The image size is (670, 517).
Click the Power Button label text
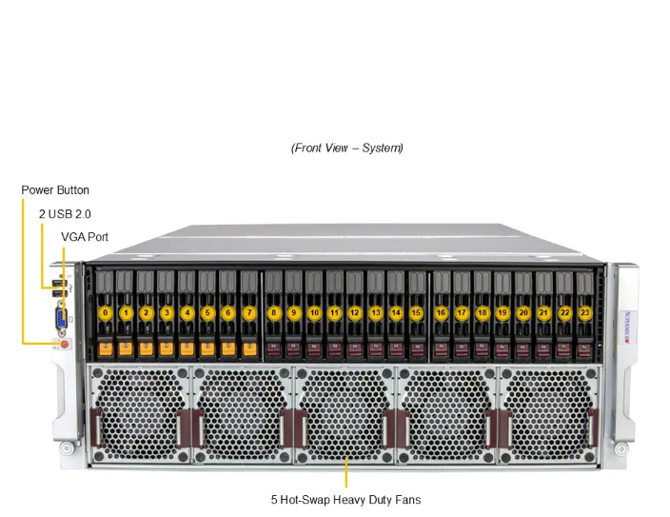[55, 190]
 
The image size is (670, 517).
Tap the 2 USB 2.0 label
[65, 214]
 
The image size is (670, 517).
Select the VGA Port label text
[85, 236]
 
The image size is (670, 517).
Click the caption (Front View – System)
[347, 148]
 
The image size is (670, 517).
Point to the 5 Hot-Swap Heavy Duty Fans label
[345, 499]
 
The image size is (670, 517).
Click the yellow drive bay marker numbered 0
[106, 312]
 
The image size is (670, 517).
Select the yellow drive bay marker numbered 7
[249, 312]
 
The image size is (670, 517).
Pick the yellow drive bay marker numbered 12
[354, 312]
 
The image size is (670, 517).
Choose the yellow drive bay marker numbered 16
[442, 312]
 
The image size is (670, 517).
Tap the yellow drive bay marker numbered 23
[584, 312]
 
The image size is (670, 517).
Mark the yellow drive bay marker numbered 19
[502, 312]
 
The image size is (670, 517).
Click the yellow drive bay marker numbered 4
[187, 312]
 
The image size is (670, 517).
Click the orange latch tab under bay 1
[126, 348]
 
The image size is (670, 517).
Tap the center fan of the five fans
[345, 414]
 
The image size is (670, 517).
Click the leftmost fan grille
[140, 414]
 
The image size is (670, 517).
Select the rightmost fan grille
[550, 414]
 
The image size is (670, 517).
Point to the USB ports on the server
[61, 285]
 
